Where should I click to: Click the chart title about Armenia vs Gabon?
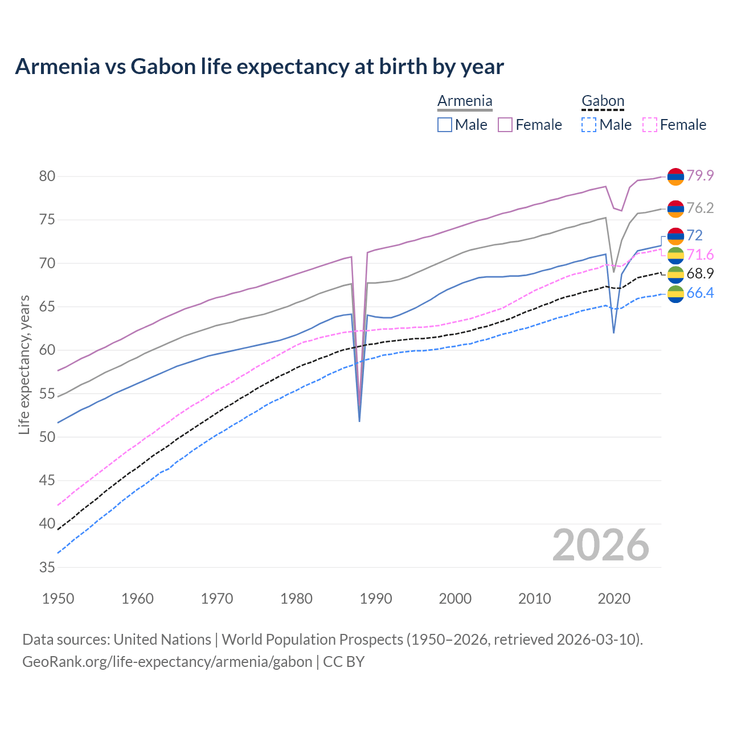[x=259, y=67]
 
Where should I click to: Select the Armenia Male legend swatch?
[x=445, y=125]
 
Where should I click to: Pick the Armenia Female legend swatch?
[x=505, y=125]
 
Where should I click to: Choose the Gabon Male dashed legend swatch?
[x=589, y=125]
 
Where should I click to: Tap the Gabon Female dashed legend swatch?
[x=650, y=125]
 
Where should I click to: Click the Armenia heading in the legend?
[x=465, y=101]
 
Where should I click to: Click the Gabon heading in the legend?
[x=603, y=101]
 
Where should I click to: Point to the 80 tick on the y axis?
[x=47, y=177]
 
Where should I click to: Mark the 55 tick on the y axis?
[x=47, y=394]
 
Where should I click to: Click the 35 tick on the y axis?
[x=47, y=567]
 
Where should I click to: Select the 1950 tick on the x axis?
[x=58, y=599]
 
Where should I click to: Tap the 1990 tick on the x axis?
[x=376, y=599]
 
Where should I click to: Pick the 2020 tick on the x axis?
[x=614, y=599]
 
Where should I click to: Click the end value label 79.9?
[x=700, y=175]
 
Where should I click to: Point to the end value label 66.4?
[x=700, y=293]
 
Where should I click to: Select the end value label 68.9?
[x=700, y=274]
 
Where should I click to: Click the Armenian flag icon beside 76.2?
[x=675, y=209]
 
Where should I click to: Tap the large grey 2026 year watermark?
[x=601, y=545]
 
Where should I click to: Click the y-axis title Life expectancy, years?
[x=24, y=364]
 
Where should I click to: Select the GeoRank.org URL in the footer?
[x=167, y=662]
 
